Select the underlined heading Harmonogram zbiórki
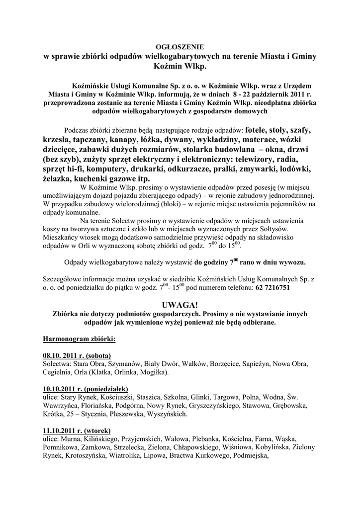coord(80,339)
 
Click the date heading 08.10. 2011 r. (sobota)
coord(77,356)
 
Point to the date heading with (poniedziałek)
coord(86,389)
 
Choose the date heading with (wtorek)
coord(77,430)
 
